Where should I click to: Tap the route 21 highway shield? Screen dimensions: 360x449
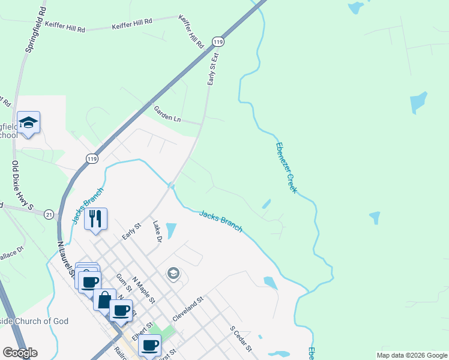48,213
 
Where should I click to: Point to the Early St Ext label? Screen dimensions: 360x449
212,68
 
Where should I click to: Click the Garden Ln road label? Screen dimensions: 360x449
167,113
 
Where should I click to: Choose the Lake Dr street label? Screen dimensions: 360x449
157,231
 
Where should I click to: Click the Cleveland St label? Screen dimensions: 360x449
188,307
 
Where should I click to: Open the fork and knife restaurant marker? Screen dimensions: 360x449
95,218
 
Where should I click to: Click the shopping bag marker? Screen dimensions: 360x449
104,299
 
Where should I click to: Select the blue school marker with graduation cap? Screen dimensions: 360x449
28,123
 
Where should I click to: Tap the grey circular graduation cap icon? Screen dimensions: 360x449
173,274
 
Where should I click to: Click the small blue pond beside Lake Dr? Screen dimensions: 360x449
170,230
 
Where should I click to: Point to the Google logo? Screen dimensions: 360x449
20,353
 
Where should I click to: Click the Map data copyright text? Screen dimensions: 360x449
412,355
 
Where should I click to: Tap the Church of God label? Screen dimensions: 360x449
34,321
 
